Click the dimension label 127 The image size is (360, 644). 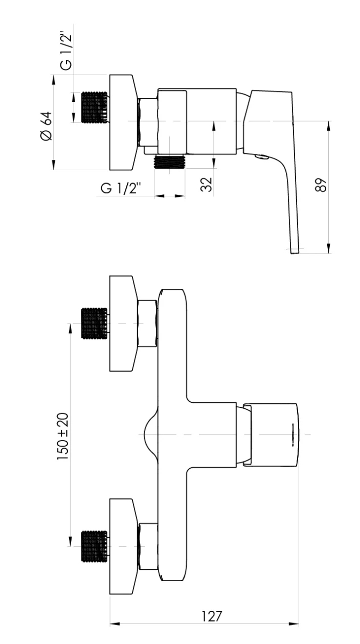211,616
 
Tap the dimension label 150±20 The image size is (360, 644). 63,436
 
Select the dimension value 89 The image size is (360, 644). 321,185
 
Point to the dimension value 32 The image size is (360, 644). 206,185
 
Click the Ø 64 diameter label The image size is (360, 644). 47,126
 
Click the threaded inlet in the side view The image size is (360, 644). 95,107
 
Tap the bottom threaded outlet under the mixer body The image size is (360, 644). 170,162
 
